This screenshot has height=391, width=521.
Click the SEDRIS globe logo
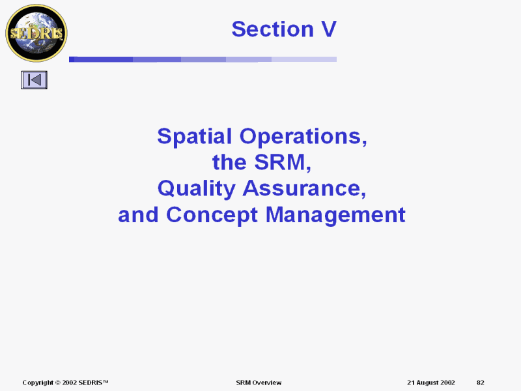[x=36, y=33]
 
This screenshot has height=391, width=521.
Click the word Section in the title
[x=272, y=29]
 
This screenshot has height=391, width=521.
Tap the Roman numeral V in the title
[x=329, y=29]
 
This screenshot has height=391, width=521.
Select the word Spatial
[x=194, y=136]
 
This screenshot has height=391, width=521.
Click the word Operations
[x=303, y=136]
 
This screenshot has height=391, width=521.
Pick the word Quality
[x=196, y=188]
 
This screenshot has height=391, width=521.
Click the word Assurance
[x=304, y=188]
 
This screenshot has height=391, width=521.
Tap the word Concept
[x=212, y=215]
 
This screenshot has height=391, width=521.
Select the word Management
[x=335, y=215]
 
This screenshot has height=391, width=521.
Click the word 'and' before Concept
[x=138, y=215]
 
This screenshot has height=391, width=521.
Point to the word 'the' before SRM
[x=230, y=162]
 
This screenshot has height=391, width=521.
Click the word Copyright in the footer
[x=38, y=383]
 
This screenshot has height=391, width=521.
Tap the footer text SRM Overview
[x=259, y=383]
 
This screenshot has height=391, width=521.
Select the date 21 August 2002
[x=431, y=383]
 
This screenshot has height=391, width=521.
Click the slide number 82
[x=481, y=383]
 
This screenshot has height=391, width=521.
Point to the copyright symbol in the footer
[x=57, y=383]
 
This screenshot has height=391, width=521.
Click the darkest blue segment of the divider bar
[x=101, y=59]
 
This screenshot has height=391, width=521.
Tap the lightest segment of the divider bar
[x=304, y=59]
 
